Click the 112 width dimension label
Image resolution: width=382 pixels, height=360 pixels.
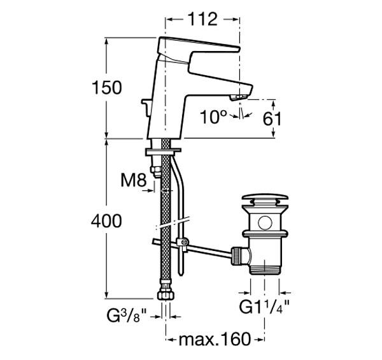coord(203,20)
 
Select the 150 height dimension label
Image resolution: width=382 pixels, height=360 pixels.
coord(106,87)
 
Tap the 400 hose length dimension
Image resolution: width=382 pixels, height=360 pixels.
coord(106,221)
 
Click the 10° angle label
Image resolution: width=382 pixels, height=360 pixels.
coord(213,117)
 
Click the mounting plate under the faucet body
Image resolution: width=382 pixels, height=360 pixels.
coord(164,150)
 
